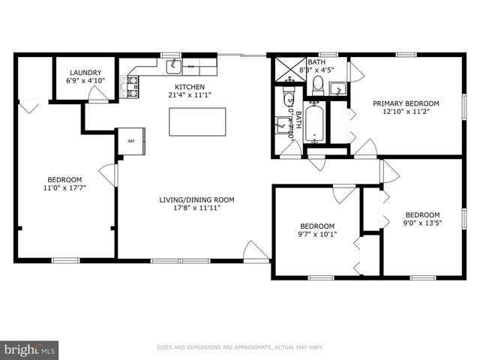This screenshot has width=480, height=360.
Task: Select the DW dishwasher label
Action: coord(191,67)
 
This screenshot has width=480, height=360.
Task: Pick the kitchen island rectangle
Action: coord(197,121)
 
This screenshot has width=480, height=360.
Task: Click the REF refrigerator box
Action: coord(130,141)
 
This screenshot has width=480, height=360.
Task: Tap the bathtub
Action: coord(314,122)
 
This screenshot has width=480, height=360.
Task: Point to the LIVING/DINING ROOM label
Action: coord(196,199)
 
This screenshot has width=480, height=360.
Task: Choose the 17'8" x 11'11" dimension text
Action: coord(196,208)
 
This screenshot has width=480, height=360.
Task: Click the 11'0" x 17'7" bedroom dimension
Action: coord(64,188)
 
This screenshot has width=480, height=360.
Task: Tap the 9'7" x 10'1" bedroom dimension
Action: coord(318,234)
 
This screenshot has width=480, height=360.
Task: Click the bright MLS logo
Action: coord(30,349)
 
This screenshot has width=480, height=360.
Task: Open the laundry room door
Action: coord(97,94)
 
